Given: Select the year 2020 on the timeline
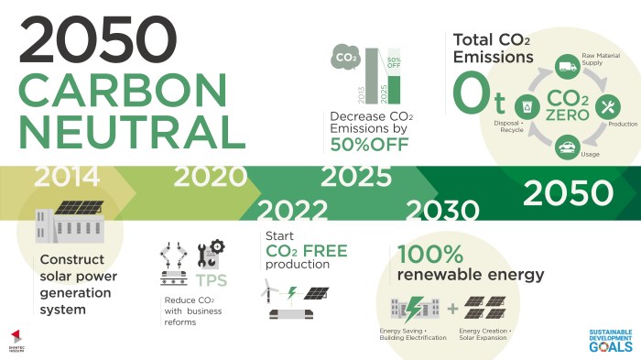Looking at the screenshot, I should point(211,176).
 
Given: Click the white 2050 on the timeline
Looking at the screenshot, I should point(568,192).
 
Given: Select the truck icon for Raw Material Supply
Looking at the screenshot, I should point(567,66).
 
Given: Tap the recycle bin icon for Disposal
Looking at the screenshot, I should point(527,104).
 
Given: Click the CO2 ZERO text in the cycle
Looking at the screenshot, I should point(567,104).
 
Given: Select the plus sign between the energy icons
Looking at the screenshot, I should point(452,308).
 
